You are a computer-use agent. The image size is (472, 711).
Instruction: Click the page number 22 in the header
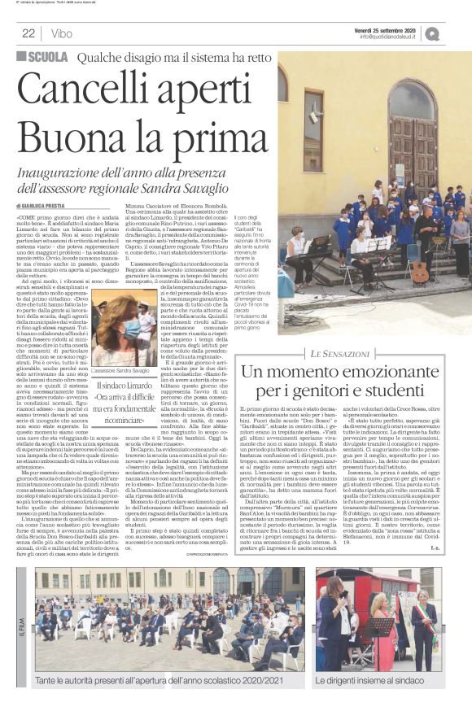coord(28,33)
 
